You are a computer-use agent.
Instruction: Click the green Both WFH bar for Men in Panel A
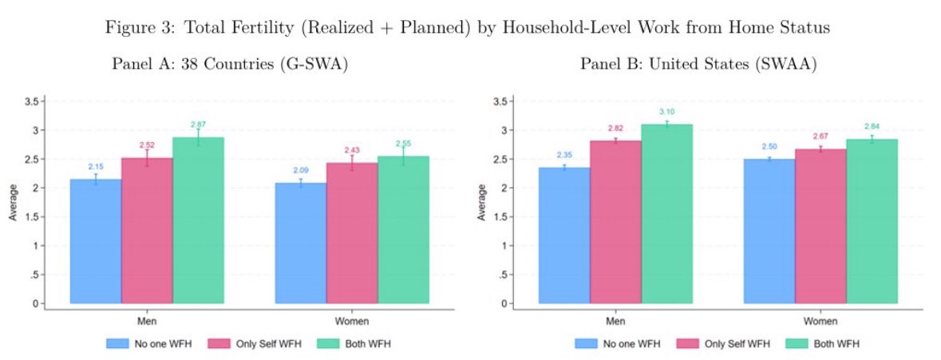(198, 220)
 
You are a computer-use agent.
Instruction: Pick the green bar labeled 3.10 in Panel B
(666, 214)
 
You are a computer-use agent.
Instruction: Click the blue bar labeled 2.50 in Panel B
(769, 231)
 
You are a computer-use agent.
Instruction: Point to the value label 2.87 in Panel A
(199, 125)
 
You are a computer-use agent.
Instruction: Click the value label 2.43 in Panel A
(352, 150)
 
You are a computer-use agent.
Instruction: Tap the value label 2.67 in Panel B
(820, 136)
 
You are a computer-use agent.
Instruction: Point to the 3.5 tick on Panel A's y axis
(33, 101)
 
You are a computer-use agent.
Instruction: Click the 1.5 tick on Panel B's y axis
(501, 217)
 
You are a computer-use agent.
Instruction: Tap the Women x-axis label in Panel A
(352, 322)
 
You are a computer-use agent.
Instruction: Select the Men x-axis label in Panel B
(615, 322)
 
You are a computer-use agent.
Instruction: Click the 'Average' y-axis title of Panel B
(481, 202)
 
